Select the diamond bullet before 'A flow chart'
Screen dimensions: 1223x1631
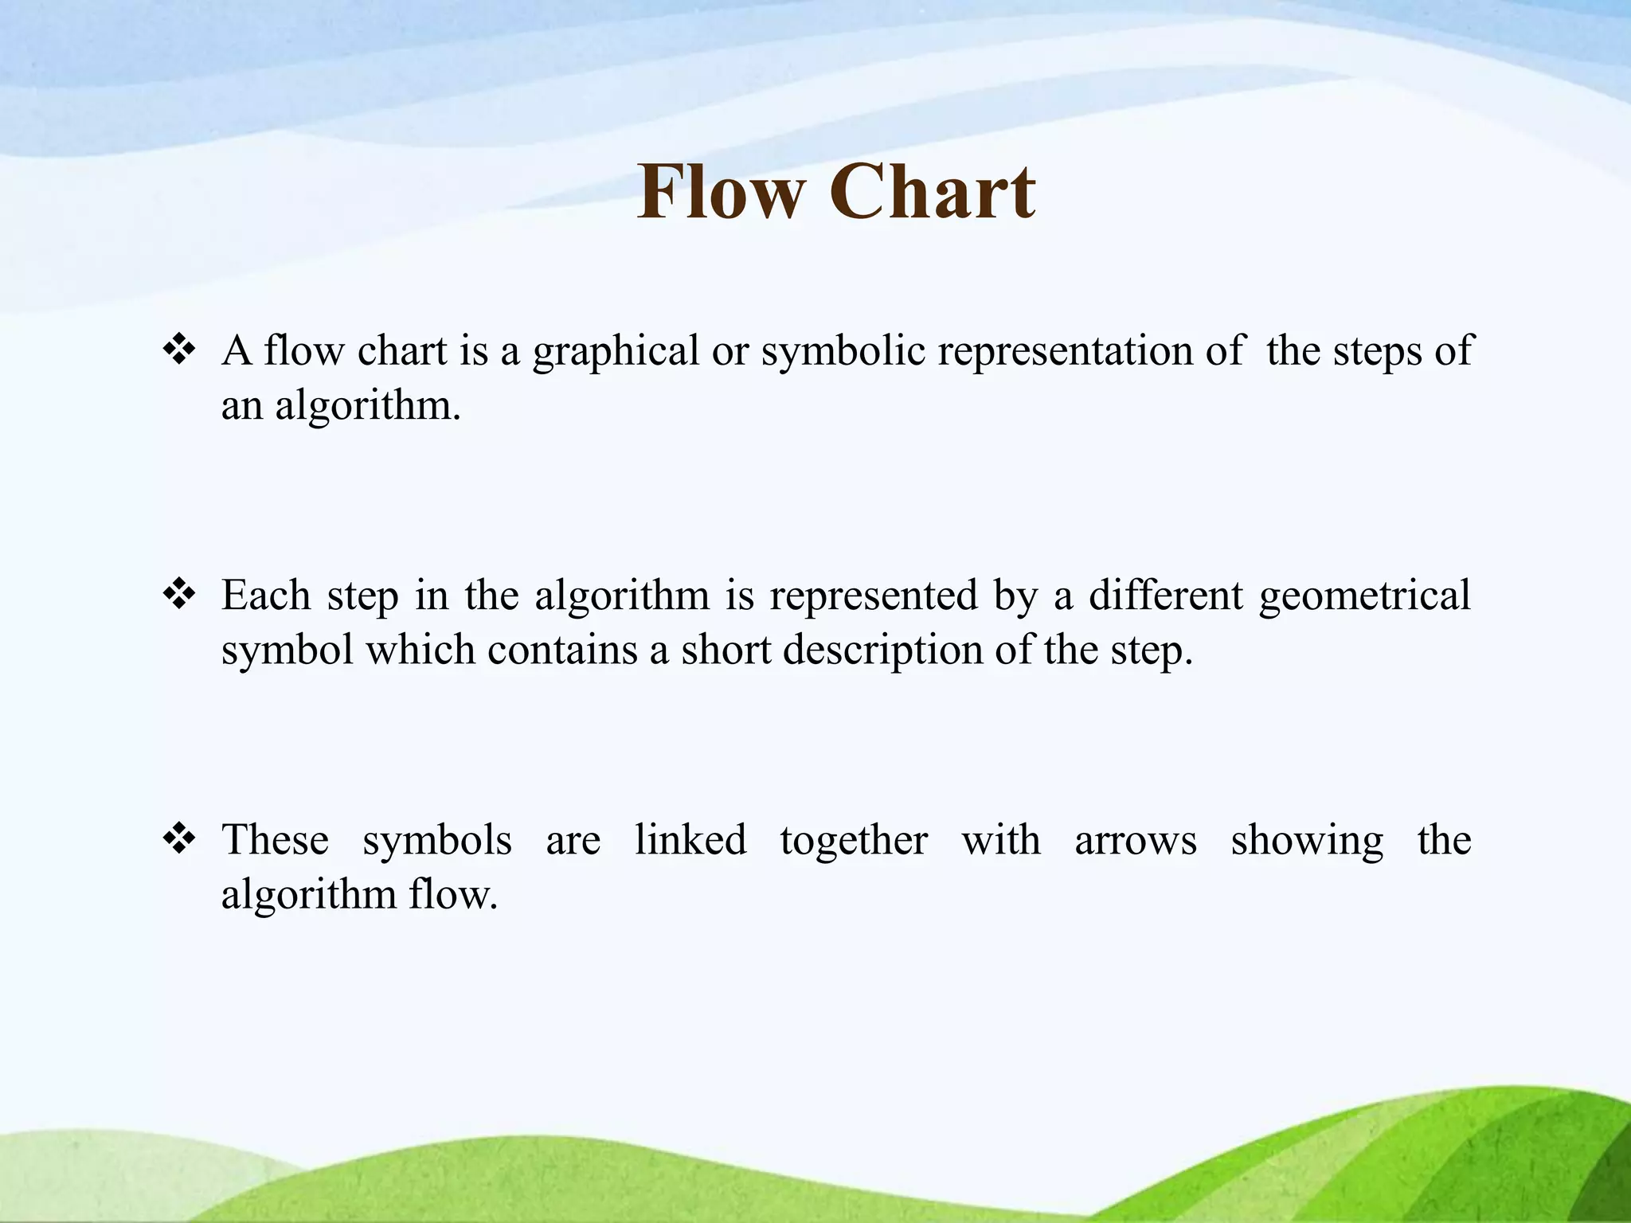[x=179, y=350]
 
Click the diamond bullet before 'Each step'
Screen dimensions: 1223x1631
[x=179, y=594]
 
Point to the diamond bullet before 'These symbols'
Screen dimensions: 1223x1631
[x=179, y=838]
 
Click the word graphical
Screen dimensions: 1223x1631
[x=616, y=351]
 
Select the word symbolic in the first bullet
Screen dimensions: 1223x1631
[x=843, y=351]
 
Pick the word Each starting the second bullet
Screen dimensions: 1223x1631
[x=266, y=595]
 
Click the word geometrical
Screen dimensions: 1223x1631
[x=1365, y=596]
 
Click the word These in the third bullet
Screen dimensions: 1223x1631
[x=275, y=839]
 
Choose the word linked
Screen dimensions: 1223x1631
[x=690, y=839]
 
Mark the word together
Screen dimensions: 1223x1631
[x=854, y=841]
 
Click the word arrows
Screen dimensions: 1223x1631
[x=1135, y=841]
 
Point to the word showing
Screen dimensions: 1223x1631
[x=1307, y=841]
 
